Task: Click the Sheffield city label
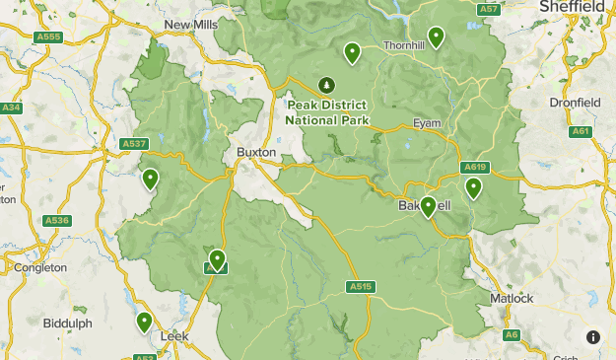point(572,7)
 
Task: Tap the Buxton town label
point(256,153)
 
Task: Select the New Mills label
point(191,25)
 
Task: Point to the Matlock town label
point(512,298)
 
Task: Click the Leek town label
point(173,335)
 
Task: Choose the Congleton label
point(40,267)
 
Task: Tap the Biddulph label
point(67,323)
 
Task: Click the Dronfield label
point(575,102)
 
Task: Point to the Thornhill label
point(403,45)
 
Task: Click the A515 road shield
point(361,287)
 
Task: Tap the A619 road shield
point(474,167)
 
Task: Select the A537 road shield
point(134,144)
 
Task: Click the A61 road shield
point(581,131)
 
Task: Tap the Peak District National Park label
point(327,112)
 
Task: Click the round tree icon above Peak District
point(326,86)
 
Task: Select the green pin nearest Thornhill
point(435,36)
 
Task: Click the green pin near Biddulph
point(145,321)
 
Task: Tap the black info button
point(593,337)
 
